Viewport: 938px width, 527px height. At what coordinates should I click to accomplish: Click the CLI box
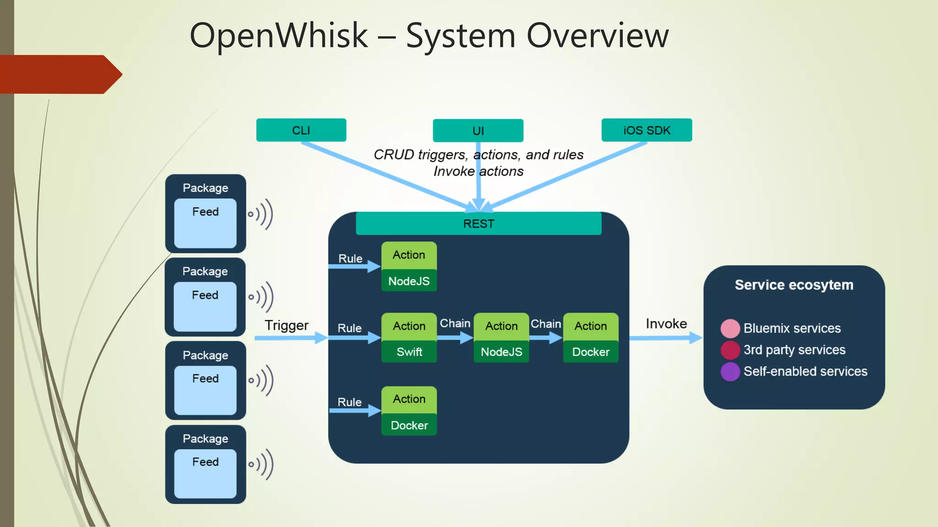(301, 130)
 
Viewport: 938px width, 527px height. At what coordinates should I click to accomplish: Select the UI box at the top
(478, 131)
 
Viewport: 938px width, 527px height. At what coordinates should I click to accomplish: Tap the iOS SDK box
(646, 130)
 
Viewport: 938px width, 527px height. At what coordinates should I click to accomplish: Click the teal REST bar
(478, 224)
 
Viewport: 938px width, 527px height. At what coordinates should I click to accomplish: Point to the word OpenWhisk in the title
(278, 35)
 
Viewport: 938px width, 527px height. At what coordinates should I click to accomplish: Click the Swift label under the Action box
(409, 352)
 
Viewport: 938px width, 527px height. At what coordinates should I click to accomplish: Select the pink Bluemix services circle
(730, 328)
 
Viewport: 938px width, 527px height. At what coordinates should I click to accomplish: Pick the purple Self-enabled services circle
(730, 371)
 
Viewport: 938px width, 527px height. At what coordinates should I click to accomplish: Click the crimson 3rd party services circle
(730, 350)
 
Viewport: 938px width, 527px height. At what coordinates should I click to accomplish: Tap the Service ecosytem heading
(794, 285)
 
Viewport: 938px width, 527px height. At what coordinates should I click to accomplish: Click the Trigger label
(286, 325)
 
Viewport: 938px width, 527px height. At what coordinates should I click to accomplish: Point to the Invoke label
(666, 324)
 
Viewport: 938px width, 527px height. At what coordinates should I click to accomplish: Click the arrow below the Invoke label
(665, 338)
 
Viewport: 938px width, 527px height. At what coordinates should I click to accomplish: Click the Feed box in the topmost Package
(205, 223)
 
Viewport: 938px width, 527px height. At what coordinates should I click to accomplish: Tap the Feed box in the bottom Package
(205, 473)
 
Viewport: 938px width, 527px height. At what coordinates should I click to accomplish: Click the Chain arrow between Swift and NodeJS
(455, 338)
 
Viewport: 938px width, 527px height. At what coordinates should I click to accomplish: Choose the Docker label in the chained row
(590, 352)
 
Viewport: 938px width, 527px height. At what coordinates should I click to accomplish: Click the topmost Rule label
(350, 258)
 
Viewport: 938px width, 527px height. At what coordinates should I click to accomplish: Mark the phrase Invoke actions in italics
(478, 171)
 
